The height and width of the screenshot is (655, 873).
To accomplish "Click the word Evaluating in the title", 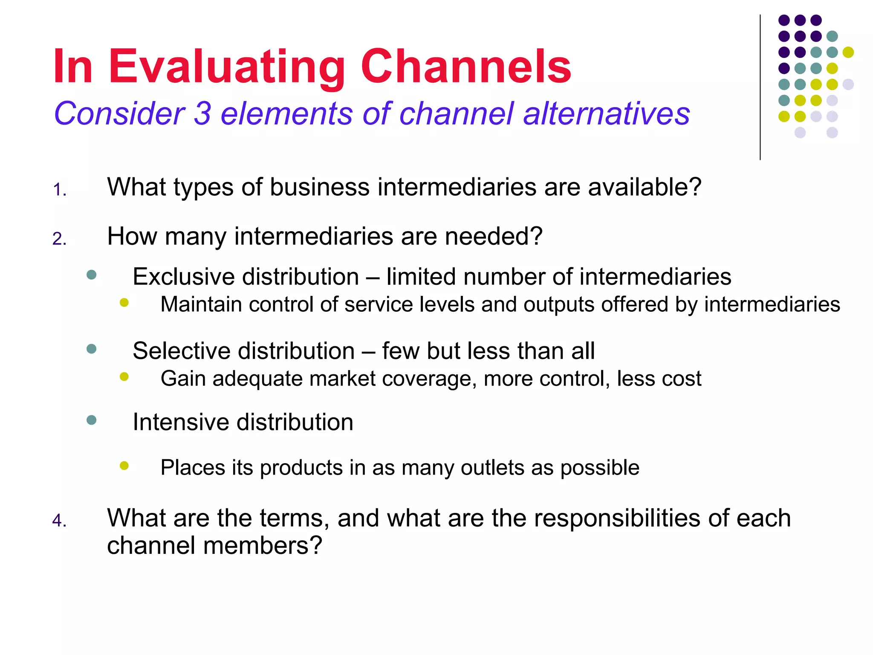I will point(226,67).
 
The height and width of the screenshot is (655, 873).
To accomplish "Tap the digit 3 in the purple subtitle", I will point(202,113).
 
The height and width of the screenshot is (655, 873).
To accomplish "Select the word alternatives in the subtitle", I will point(606,113).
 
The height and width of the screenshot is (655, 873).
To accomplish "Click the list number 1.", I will point(59,190).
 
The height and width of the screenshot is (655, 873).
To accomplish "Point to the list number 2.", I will point(59,239).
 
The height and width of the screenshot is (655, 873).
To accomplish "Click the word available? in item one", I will point(645,187).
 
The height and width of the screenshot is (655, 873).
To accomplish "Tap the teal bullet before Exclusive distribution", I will point(91,275).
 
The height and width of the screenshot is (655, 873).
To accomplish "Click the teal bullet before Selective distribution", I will point(91,349).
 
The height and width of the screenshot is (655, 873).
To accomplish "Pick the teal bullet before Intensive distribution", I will point(91,420).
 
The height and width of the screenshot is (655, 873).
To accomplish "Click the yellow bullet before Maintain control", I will point(124,303).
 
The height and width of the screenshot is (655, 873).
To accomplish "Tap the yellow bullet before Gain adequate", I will point(124,377).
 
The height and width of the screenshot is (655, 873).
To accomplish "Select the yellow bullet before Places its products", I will point(124,466).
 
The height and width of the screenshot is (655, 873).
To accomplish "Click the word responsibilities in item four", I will point(617,518).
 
